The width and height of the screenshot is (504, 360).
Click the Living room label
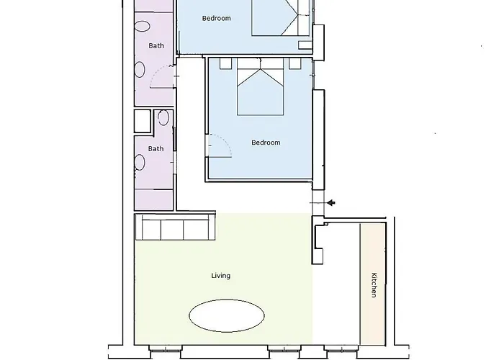221,276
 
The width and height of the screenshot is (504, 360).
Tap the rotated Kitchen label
374,285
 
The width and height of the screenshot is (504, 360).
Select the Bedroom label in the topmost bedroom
216,18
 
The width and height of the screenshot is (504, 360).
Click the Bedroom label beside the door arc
266,143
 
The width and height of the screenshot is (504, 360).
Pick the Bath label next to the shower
156,149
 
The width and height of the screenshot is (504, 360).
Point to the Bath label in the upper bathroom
156,46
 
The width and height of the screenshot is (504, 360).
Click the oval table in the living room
227,315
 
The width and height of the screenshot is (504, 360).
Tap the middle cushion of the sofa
172,230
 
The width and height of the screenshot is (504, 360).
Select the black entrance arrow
331,203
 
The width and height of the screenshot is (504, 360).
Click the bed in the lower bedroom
261,87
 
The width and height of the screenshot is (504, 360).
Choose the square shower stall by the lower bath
143,121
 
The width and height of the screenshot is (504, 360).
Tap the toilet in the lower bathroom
163,117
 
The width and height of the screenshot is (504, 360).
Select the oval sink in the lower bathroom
140,162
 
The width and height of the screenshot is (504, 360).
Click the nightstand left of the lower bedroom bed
226,63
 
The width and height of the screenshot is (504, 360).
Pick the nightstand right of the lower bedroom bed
294,63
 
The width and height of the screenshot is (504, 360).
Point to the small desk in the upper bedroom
305,45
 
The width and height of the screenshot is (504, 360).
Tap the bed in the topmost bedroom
282,18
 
